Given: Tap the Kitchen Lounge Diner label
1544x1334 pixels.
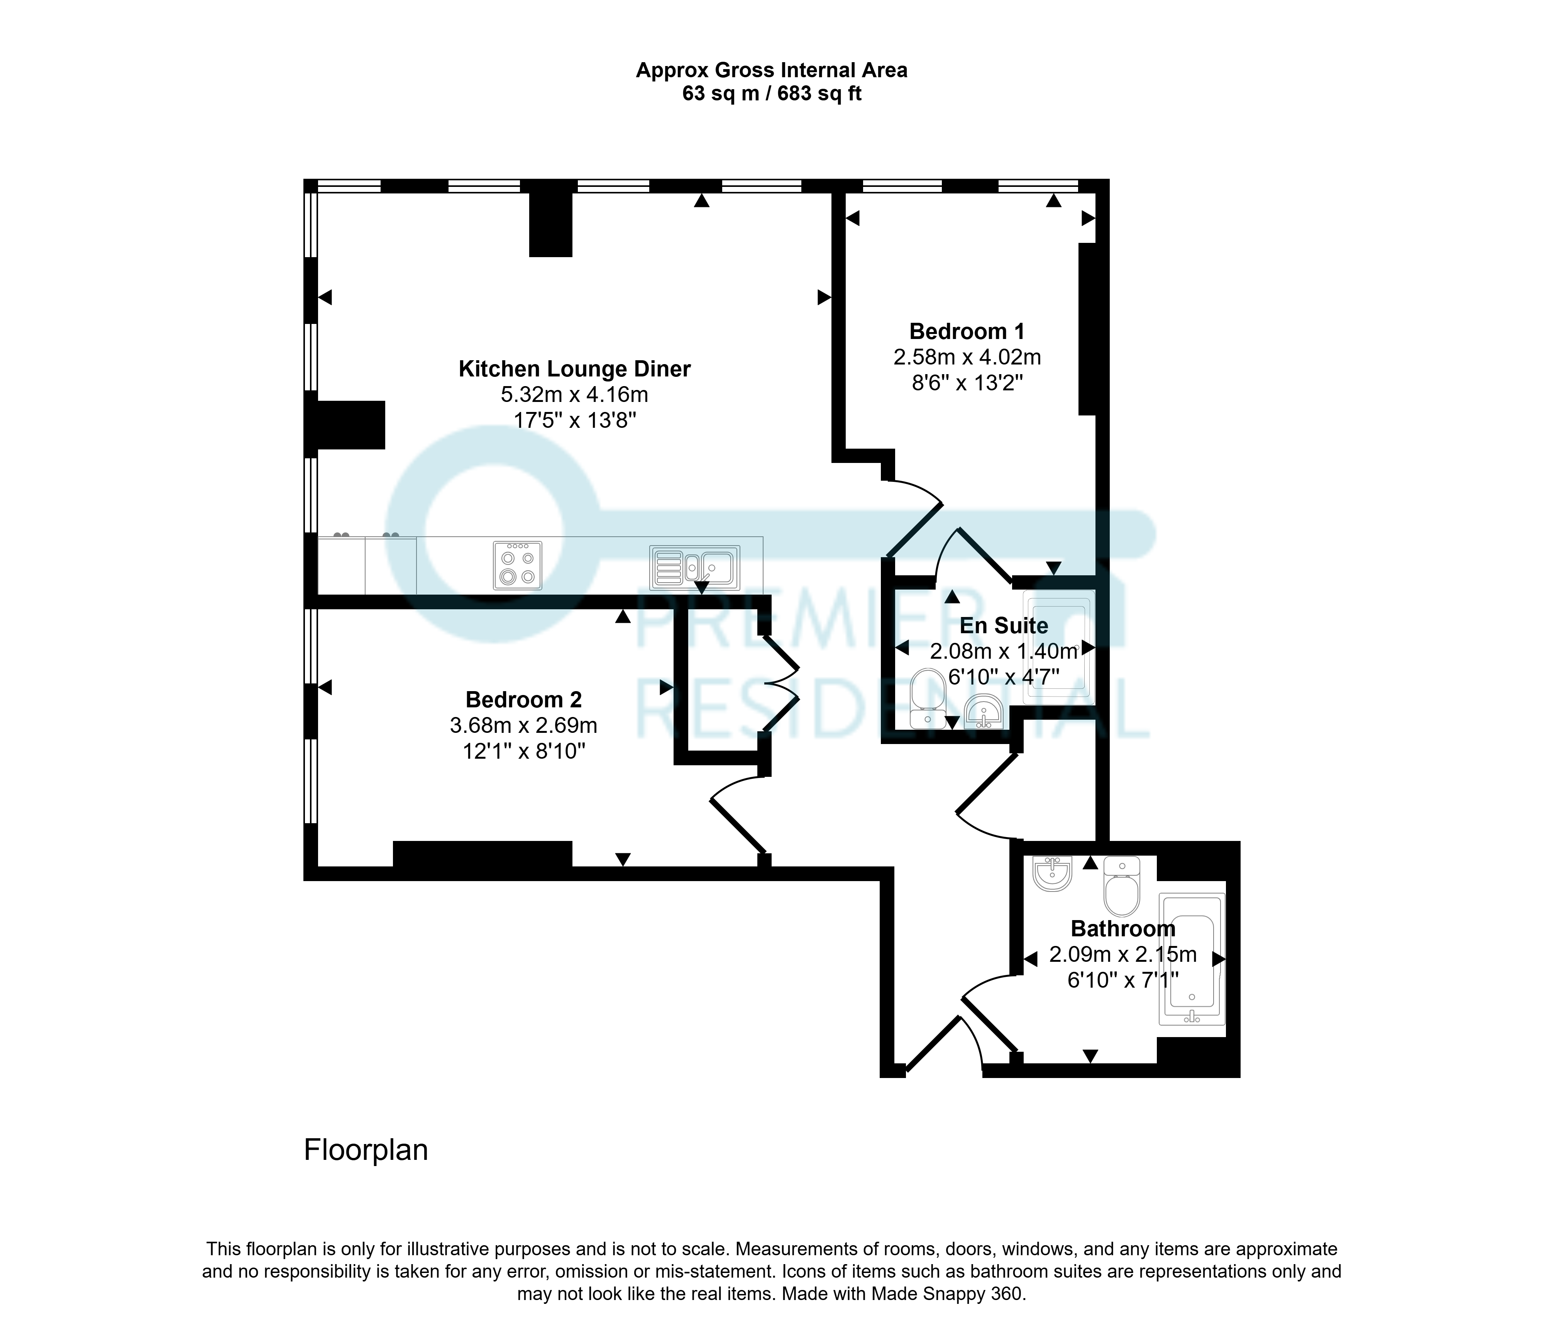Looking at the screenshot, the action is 574,369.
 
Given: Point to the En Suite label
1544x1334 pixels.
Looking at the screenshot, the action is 1004,625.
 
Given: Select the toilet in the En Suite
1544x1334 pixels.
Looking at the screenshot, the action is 928,698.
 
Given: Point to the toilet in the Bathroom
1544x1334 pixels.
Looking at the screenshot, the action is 1121,886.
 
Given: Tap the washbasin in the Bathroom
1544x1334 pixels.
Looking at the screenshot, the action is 1052,873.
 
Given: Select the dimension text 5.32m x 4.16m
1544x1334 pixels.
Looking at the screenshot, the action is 574,394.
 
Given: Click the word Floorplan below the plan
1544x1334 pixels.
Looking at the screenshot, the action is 366,1150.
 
